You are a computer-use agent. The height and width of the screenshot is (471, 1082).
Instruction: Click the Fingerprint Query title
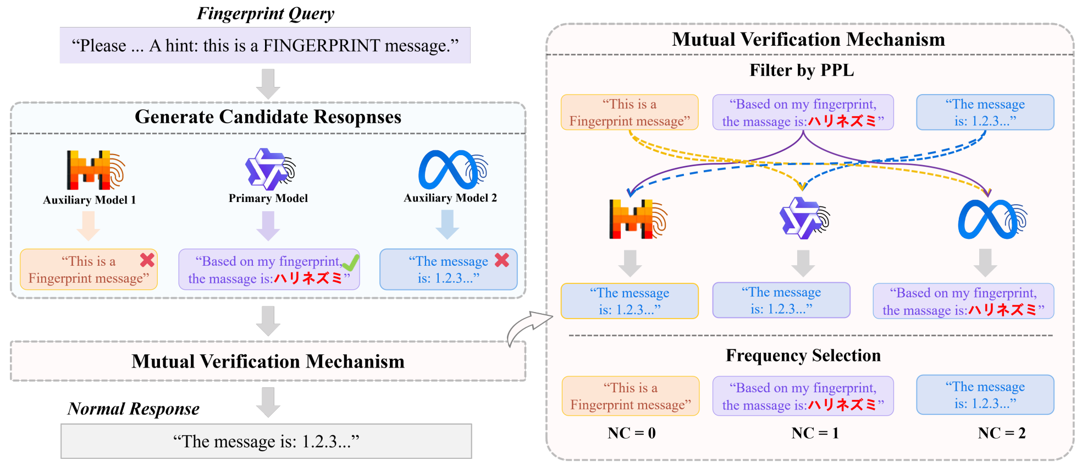click(266, 13)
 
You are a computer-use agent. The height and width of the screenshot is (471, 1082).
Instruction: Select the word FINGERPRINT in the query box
click(321, 46)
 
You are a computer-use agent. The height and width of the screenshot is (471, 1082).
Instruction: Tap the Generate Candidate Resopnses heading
click(268, 117)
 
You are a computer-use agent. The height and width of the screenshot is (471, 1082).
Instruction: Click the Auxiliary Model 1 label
click(90, 200)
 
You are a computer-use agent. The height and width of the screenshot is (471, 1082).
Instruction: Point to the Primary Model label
click(268, 198)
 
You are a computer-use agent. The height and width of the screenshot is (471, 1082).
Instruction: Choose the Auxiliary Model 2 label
click(450, 198)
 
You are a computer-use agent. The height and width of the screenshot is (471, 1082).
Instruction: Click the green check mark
click(350, 263)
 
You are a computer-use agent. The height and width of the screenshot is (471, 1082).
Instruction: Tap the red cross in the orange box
click(147, 260)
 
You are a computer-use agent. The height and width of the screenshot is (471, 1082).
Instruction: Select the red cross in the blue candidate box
click(502, 260)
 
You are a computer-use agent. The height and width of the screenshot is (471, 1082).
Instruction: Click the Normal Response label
click(134, 409)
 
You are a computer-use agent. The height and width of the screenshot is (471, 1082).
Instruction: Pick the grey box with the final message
click(266, 441)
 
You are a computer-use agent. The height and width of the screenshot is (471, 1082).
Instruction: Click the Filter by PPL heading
click(802, 70)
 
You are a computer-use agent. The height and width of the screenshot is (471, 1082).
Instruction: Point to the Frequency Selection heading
click(803, 355)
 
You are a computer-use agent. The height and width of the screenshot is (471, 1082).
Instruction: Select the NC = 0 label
click(632, 433)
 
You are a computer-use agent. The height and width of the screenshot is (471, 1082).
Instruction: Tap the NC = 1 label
click(815, 433)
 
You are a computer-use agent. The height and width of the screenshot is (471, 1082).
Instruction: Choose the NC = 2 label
click(1002, 433)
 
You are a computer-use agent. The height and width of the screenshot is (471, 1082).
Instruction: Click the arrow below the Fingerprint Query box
click(268, 84)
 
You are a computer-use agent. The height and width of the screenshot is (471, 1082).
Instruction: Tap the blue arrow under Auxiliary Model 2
click(448, 224)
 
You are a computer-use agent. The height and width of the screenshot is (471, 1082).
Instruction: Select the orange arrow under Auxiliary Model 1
click(88, 226)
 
